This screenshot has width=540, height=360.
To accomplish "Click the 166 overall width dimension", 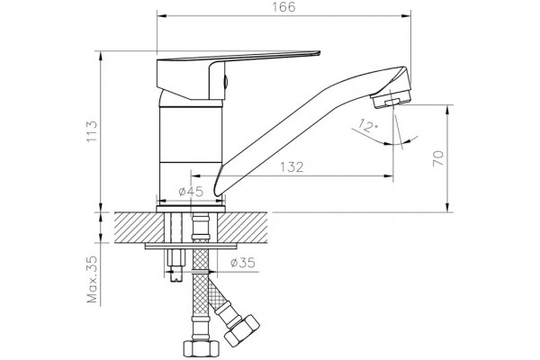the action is pyautogui.click(x=284, y=7).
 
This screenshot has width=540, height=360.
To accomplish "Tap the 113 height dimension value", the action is pyautogui.click(x=92, y=131).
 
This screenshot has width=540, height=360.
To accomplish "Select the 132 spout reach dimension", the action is pyautogui.click(x=292, y=167).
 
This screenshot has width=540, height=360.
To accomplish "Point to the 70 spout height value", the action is pyautogui.click(x=438, y=158).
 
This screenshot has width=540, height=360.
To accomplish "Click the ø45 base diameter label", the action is pyautogui.click(x=191, y=192).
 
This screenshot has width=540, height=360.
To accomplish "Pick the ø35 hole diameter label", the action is pyautogui.click(x=243, y=263).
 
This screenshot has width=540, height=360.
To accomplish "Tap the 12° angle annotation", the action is pyautogui.click(x=367, y=126).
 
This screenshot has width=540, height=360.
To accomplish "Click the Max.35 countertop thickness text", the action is pyautogui.click(x=92, y=279).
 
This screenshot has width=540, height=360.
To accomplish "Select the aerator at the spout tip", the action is pyautogui.click(x=391, y=99).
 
